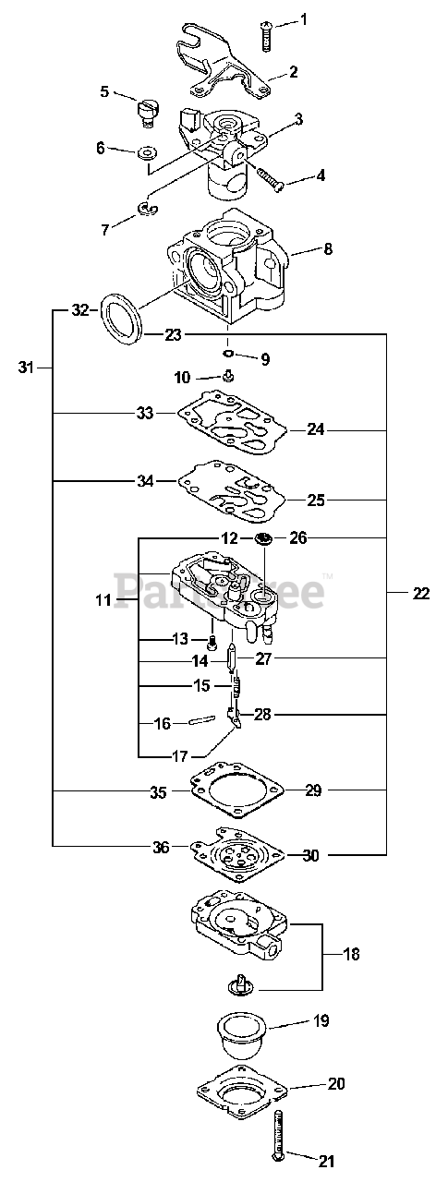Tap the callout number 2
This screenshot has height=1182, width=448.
[x=293, y=71]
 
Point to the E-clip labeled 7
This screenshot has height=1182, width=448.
[x=146, y=209]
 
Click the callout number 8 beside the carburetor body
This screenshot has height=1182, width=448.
[x=328, y=248]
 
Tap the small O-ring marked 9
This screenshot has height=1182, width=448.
[x=228, y=353]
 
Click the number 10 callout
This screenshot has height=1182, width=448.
[x=182, y=378]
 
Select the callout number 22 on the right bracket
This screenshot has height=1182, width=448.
[x=420, y=594]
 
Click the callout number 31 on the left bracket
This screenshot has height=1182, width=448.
[x=26, y=367]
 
